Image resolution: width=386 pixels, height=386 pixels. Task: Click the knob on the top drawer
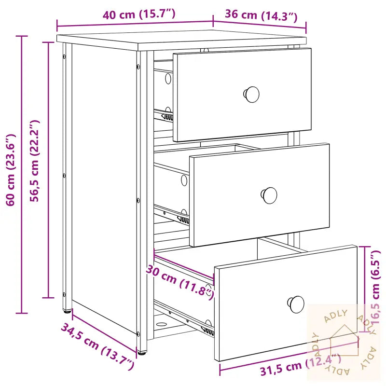tap(251, 94)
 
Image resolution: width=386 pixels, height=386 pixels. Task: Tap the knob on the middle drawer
tap(269, 195)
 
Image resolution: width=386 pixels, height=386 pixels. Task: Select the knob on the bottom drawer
tap(296, 304)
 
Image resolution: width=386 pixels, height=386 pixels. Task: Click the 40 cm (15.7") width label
tap(139, 14)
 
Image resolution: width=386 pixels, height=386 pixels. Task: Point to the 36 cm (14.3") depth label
tap(261, 15)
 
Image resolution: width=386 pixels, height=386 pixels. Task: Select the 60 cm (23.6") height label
tap(11, 170)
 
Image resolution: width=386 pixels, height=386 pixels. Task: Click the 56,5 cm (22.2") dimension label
tap(34, 161)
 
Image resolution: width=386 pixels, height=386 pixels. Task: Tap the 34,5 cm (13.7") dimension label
tap(97, 346)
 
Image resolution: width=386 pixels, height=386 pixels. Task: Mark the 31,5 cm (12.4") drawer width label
tap(301, 365)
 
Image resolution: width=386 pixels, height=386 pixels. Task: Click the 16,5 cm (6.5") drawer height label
tap(376, 287)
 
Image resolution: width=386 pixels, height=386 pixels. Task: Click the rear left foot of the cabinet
tap(67, 311)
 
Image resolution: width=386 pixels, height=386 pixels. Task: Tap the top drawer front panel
tap(242, 95)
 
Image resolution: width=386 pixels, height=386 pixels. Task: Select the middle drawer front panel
tap(260, 195)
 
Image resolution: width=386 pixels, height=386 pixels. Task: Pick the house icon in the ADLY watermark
tap(345, 341)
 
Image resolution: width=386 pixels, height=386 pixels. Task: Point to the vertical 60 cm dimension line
tap(22, 175)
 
